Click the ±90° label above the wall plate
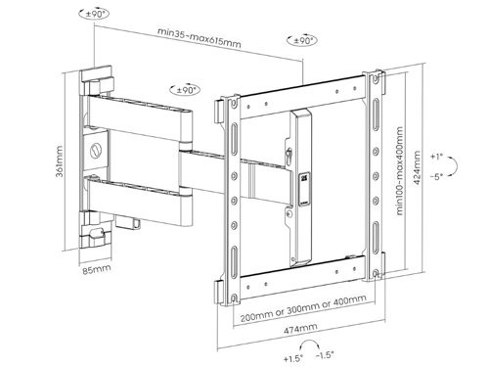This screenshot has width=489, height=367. [96, 15]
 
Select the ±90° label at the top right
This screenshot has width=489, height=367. [303, 41]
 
